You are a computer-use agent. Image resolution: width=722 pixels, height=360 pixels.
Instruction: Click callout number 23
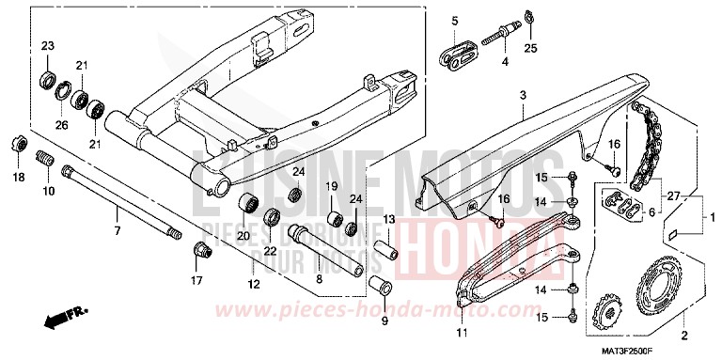[x=48, y=46]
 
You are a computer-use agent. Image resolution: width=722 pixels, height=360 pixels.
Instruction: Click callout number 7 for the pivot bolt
[x=118, y=230]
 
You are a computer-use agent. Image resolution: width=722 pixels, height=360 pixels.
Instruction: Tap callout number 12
[x=253, y=284]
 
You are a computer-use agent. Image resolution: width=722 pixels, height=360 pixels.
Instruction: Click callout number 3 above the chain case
[x=523, y=95]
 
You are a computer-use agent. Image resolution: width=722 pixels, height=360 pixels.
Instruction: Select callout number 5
[x=454, y=21]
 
